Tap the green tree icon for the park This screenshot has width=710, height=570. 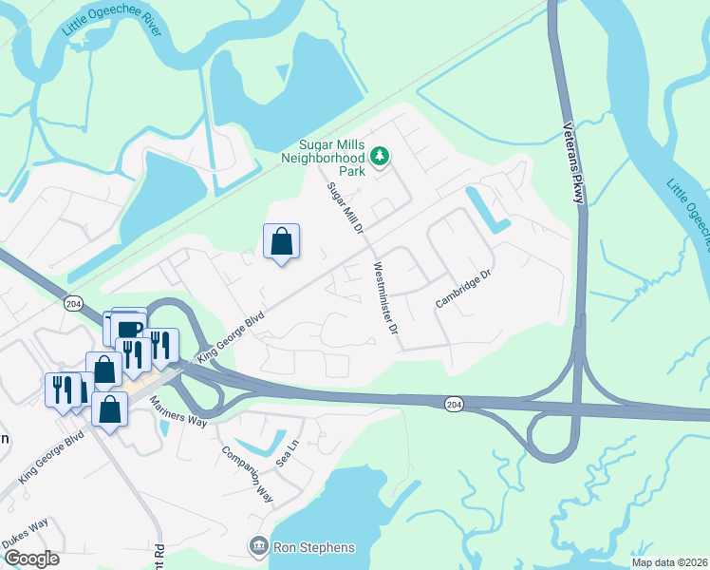coord(380,155)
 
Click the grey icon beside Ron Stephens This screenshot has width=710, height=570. coord(257,547)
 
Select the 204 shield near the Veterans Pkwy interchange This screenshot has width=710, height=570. coord(455,405)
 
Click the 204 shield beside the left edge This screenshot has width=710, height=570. coord(72,302)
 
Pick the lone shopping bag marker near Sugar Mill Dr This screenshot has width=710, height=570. coord(282,241)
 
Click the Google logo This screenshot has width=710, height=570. coord(31,559)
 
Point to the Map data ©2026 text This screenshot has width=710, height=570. coord(668,562)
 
